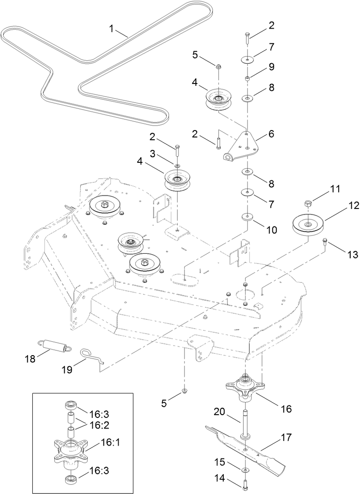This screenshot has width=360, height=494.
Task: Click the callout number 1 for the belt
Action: [x=111, y=29]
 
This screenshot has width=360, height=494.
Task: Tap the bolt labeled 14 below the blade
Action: [x=244, y=483]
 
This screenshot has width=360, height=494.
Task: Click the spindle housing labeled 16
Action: [x=244, y=386]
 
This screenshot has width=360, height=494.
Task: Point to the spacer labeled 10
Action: [x=248, y=217]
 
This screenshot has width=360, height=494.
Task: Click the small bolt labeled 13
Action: [x=325, y=241]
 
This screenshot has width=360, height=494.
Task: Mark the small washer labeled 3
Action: [x=177, y=164]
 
